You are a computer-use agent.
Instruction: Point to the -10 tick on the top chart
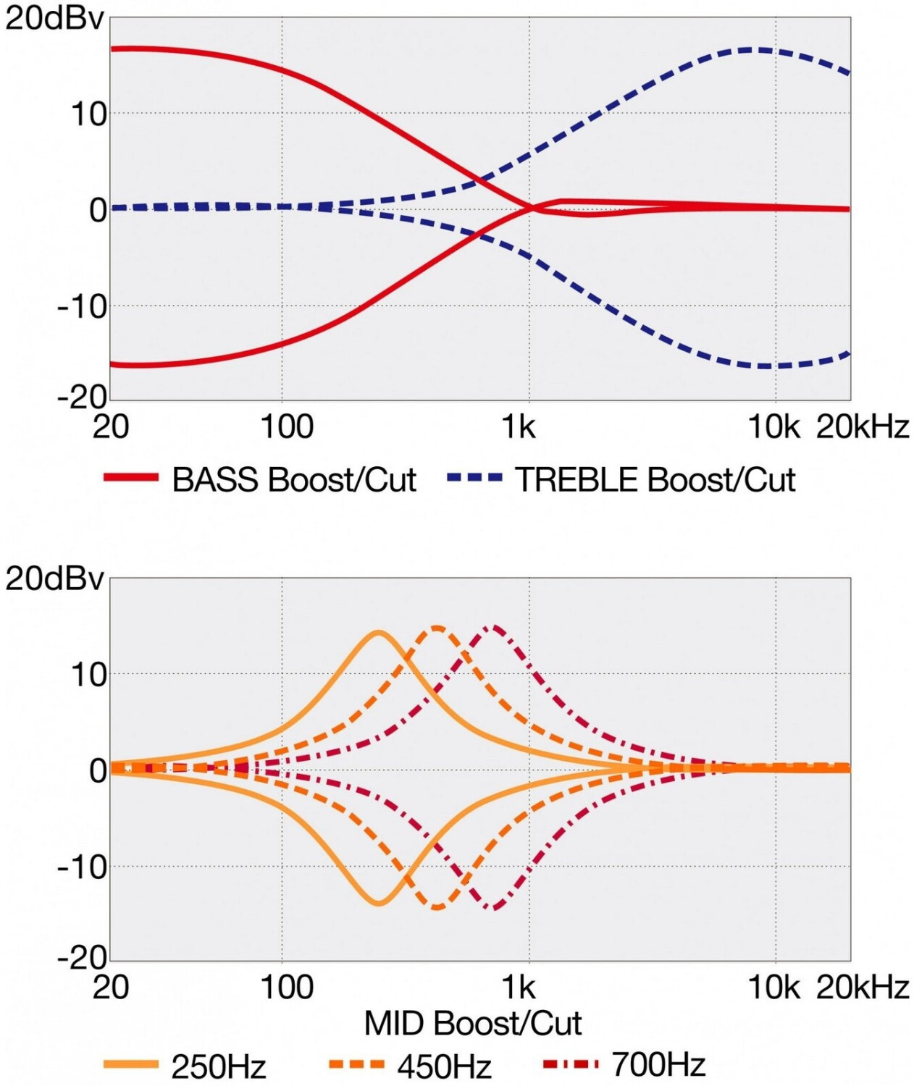[82, 306]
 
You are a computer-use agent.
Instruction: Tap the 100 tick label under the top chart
[286, 427]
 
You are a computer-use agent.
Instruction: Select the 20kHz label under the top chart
[862, 427]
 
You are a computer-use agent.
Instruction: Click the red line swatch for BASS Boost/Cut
[130, 477]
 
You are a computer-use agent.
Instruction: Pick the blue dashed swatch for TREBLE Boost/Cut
[474, 477]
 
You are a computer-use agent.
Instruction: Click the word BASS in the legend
[215, 479]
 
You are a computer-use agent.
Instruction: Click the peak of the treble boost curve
[753, 49]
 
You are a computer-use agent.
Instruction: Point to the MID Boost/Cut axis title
[472, 1023]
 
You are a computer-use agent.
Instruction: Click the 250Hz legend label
[218, 1066]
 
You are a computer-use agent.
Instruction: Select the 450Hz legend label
[444, 1066]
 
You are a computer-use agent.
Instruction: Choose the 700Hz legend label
[658, 1064]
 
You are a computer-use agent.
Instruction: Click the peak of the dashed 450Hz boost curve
[437, 628]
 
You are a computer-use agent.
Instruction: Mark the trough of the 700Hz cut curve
[494, 908]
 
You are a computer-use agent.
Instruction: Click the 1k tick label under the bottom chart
[519, 987]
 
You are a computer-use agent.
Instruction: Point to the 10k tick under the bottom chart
[773, 987]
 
